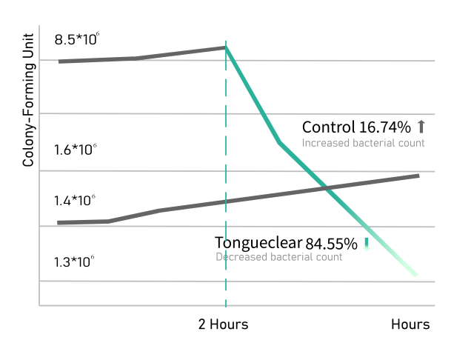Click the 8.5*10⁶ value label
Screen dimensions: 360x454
(x=76, y=39)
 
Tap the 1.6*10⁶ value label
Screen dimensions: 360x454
(x=76, y=150)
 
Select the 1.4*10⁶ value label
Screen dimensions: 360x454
(x=76, y=201)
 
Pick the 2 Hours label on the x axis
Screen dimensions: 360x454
(x=223, y=324)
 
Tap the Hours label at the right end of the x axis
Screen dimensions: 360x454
(x=410, y=324)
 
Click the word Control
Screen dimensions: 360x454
(x=330, y=127)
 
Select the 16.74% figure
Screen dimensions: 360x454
(x=384, y=127)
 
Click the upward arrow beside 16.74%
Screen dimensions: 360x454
(x=421, y=126)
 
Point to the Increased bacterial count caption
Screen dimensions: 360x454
(x=363, y=143)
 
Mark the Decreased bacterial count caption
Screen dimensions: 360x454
(x=279, y=258)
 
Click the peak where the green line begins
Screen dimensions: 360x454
(x=226, y=47)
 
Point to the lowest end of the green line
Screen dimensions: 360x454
(x=416, y=276)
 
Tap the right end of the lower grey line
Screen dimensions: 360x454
(x=418, y=176)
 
